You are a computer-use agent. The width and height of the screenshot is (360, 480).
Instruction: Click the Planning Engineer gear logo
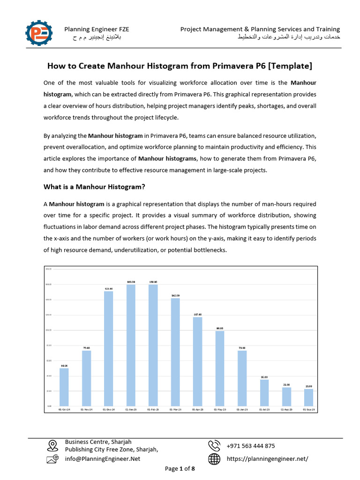pyautogui.click(x=39, y=33)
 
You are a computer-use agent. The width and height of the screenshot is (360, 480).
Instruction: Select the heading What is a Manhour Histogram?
pyautogui.click(x=94, y=187)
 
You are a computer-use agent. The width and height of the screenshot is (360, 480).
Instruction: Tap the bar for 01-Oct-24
pyautogui.click(x=64, y=387)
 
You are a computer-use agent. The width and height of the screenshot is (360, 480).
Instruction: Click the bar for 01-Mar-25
pyautogui.click(x=175, y=352)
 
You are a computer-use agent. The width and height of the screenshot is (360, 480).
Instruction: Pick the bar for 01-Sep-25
pyautogui.click(x=308, y=397)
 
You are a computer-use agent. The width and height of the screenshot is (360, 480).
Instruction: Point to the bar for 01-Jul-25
pyautogui.click(x=264, y=392)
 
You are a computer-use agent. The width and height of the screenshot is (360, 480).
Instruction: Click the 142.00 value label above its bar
pyautogui.click(x=175, y=296)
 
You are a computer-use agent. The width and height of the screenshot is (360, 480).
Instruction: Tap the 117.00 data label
pyautogui.click(x=197, y=315)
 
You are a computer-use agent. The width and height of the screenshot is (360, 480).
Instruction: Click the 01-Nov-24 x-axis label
pyautogui.click(x=86, y=409)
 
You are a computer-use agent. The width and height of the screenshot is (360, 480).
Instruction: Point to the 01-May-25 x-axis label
pyautogui.click(x=220, y=409)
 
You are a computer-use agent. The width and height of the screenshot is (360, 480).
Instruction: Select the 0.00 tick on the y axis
pyautogui.click(x=48, y=406)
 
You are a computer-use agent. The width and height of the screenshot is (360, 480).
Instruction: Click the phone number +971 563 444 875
pyautogui.click(x=251, y=446)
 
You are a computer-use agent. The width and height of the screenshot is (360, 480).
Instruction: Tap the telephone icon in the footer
pyautogui.click(x=214, y=445)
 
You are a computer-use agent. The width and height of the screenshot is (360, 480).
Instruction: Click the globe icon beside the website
pyautogui.click(x=214, y=459)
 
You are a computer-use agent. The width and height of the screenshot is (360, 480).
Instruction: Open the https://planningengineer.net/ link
pyautogui.click(x=267, y=459)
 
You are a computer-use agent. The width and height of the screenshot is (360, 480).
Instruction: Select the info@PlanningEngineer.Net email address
pyautogui.click(x=102, y=459)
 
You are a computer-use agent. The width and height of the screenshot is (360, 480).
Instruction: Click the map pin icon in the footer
pyautogui.click(x=52, y=445)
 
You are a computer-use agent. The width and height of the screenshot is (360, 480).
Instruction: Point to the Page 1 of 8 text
pyautogui.click(x=180, y=469)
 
